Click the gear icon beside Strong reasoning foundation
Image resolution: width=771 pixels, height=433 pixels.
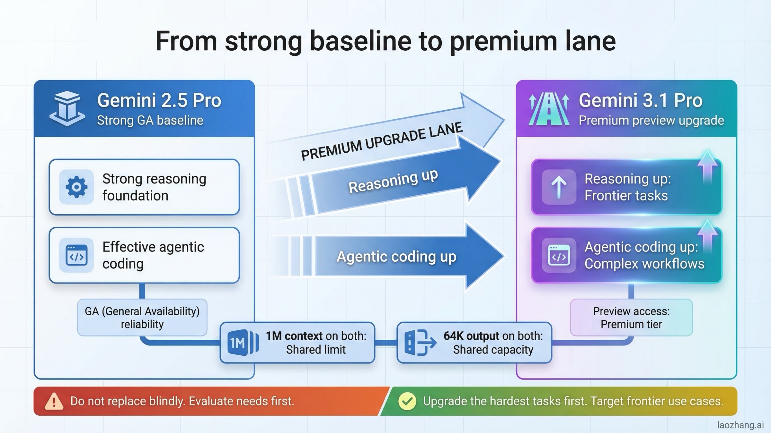click(76, 187)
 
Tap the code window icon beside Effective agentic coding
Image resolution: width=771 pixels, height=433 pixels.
click(76, 255)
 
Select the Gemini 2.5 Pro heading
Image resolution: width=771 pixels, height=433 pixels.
click(159, 100)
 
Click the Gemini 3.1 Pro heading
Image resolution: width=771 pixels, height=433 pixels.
click(640, 100)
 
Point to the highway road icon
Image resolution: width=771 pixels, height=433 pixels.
click(549, 109)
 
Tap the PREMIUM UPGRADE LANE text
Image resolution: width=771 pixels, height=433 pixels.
click(381, 141)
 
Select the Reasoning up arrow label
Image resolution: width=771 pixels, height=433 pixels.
click(393, 182)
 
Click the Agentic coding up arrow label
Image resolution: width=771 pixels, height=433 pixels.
click(396, 257)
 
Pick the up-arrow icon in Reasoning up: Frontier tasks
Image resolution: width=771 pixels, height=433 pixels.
click(559, 187)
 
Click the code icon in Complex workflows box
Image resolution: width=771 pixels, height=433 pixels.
click(559, 255)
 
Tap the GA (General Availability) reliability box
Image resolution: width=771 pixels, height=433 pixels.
click(142, 318)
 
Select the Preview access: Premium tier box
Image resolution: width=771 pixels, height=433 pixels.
click(631, 318)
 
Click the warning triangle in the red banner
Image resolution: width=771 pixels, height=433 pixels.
click(54, 402)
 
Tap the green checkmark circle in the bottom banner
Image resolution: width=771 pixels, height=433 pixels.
click(407, 401)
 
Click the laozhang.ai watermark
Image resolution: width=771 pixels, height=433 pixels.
click(740, 425)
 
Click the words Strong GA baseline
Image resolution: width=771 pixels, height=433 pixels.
click(150, 121)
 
